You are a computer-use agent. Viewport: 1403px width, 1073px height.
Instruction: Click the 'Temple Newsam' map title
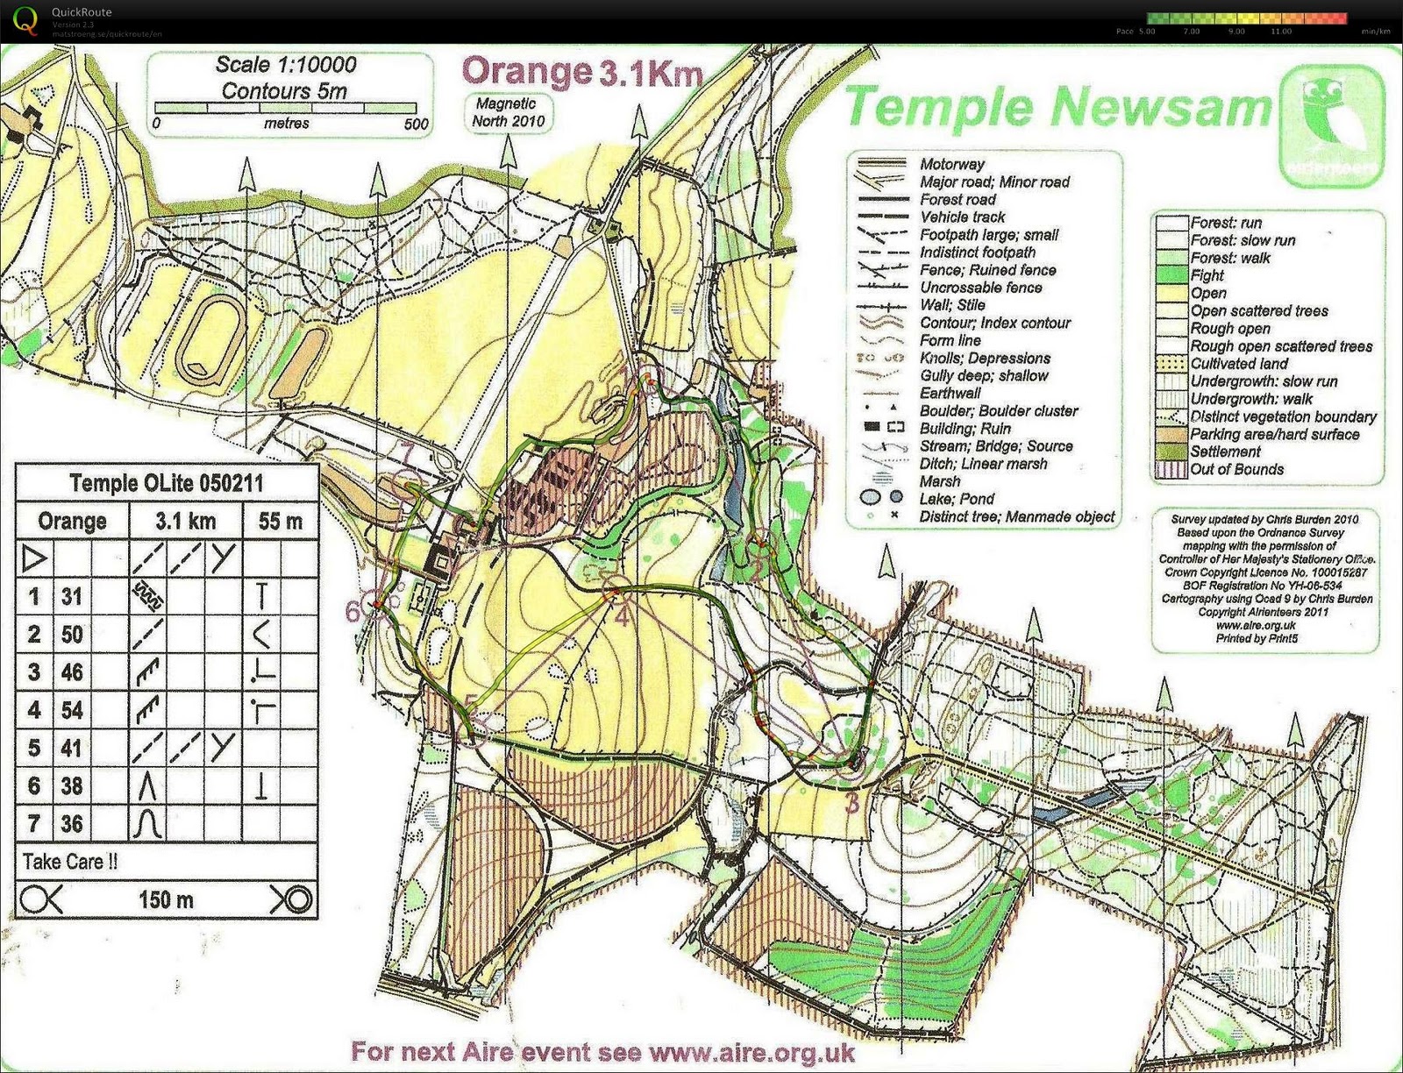coord(1058,108)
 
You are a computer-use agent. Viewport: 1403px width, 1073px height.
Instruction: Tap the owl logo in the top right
coord(1332,125)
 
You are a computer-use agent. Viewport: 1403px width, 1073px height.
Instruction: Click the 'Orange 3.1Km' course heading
coord(581,72)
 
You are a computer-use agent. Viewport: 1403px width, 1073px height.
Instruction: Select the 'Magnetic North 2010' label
coord(508,112)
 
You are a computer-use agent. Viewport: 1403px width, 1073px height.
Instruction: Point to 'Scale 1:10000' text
coord(286,65)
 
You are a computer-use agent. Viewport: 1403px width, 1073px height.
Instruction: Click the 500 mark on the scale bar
coord(417,124)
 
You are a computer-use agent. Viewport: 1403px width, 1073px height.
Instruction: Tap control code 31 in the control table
coord(72,597)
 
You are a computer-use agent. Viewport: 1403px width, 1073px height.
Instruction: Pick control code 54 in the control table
coord(72,709)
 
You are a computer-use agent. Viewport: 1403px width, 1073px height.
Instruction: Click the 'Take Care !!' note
coord(70,862)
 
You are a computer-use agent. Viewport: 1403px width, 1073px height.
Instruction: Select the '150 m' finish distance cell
coord(166,899)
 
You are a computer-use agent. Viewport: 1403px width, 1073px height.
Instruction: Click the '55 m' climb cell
coord(280,522)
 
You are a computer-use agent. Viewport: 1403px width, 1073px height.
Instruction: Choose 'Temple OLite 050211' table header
coord(166,483)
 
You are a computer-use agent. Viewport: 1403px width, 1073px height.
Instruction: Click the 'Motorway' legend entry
coord(951,164)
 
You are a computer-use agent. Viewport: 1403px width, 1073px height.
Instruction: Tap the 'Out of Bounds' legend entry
coord(1236,470)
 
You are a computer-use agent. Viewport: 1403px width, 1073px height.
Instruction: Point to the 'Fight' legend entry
coord(1207,275)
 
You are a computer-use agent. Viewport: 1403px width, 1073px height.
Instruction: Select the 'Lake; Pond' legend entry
coord(957,499)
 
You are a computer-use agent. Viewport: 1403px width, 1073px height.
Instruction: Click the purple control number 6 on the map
coord(353,611)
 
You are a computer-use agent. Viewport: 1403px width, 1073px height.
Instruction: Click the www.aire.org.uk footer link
coord(751,1051)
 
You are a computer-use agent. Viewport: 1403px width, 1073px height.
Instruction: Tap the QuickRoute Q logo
coord(26,21)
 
